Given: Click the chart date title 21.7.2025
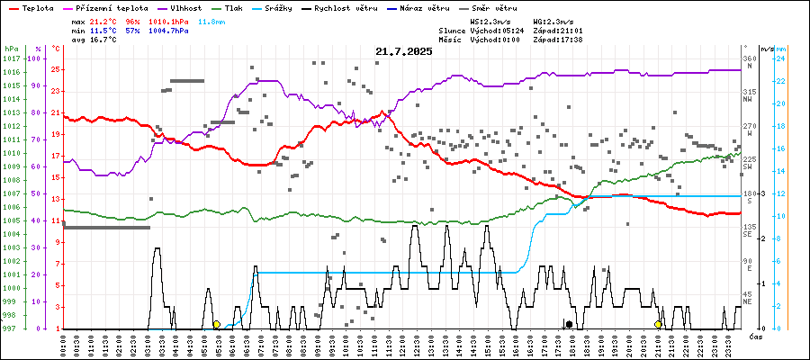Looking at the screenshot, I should pyautogui.click(x=404, y=51).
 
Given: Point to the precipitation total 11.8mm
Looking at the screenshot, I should pyautogui.click(x=211, y=20).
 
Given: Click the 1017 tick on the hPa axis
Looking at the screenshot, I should pyautogui.click(x=11, y=58).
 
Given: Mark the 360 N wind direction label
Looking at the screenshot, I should pyautogui.click(x=748, y=62).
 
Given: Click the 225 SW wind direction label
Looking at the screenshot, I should pyautogui.click(x=748, y=163).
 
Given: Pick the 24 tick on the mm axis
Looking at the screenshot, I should pyautogui.click(x=782, y=58).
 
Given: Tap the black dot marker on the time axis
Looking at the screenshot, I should pyautogui.click(x=569, y=324).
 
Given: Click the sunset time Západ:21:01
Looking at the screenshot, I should pyautogui.click(x=558, y=30).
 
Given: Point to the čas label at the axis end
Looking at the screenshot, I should pyautogui.click(x=756, y=336).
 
